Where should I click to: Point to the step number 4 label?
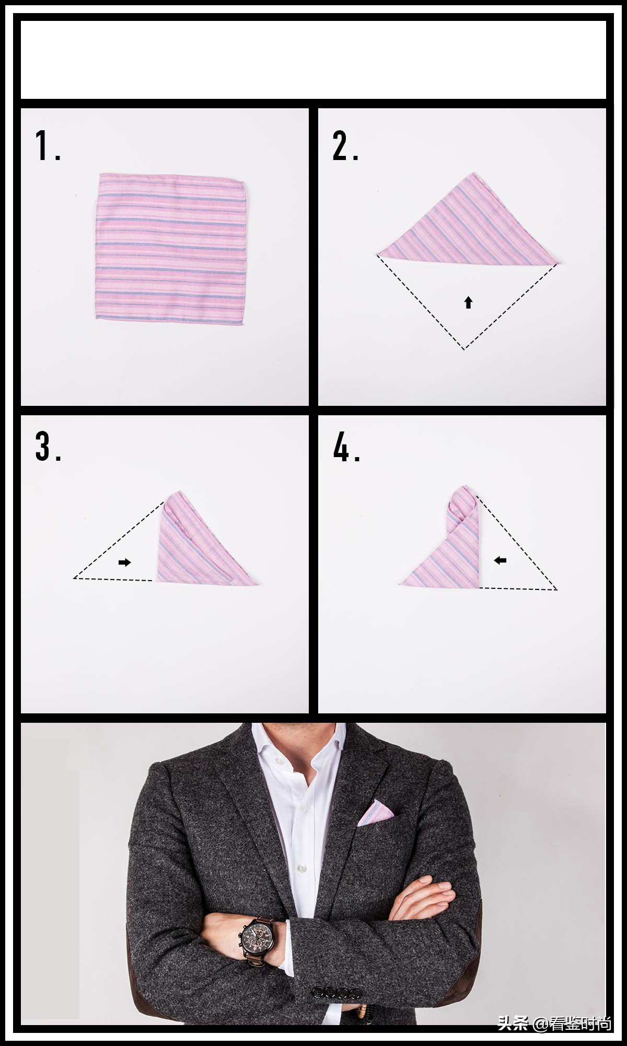click(x=346, y=447)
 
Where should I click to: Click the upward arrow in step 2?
click(x=468, y=302)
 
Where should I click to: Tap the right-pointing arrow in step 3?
click(x=124, y=562)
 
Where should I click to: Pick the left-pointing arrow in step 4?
click(x=500, y=560)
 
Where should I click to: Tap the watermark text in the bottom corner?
click(x=554, y=1023)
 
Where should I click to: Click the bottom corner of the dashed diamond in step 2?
click(x=464, y=349)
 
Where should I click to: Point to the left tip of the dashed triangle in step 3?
click(x=74, y=578)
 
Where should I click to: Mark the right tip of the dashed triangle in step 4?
click(x=558, y=589)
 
